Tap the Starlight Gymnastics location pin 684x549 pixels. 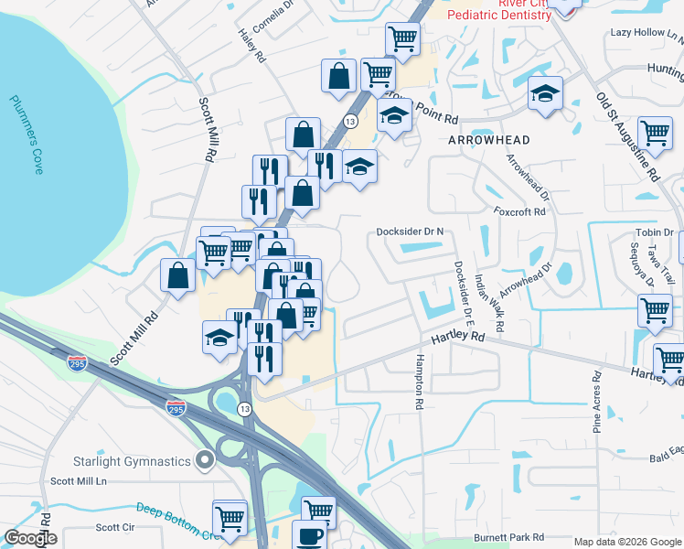click(204, 459)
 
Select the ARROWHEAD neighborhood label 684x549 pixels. click(489, 140)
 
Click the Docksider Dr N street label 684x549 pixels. click(410, 232)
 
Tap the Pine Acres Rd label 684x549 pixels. click(597, 401)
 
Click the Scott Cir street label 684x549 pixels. click(115, 527)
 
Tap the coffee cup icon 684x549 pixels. click(308, 535)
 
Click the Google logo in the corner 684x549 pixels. click(30, 538)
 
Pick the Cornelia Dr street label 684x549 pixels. click(273, 18)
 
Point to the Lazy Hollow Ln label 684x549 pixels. click(647, 33)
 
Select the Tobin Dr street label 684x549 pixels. click(655, 232)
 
